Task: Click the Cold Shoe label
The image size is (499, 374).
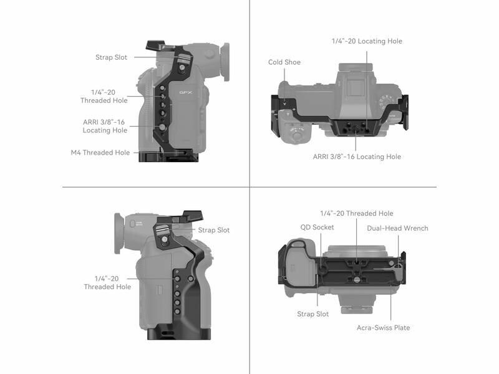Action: coord(284,62)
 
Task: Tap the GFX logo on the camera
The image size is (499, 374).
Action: coord(185,92)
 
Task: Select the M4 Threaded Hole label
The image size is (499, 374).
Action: coord(100,152)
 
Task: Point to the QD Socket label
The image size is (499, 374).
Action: coord(317,227)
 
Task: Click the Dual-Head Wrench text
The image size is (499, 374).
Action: coord(397,228)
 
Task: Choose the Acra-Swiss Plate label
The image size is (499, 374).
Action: coord(383,328)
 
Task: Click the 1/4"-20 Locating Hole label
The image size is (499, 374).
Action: coord(367,41)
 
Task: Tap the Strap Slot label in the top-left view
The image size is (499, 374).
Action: coord(111,57)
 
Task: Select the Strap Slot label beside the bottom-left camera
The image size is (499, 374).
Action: coord(213,230)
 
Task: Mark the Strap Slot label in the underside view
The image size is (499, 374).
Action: coord(313,314)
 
